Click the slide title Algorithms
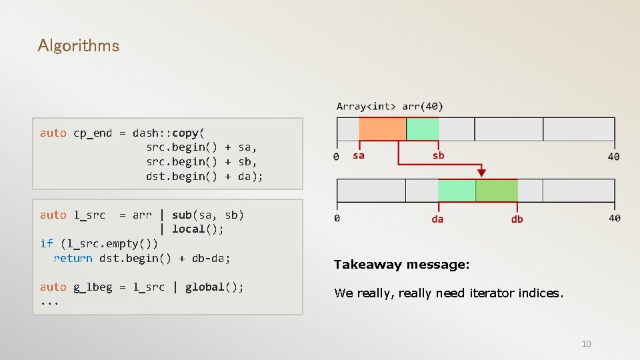pos(79,46)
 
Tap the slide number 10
pos(586,344)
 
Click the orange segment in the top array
pos(382,129)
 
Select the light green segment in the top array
pos(423,129)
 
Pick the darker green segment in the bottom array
pos(497,191)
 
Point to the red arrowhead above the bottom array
pos(481,173)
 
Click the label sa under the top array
pos(359,155)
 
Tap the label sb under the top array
pos(438,155)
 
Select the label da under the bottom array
pos(437,219)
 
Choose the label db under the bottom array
pos(517,219)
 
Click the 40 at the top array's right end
pos(613,157)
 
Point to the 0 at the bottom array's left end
pos(337,218)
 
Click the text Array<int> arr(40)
pos(390,106)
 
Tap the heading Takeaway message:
pos(401,265)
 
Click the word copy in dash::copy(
pos(185,133)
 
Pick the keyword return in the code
pos(73,258)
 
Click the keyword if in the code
pos(46,243)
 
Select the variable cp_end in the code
pos(93,133)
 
